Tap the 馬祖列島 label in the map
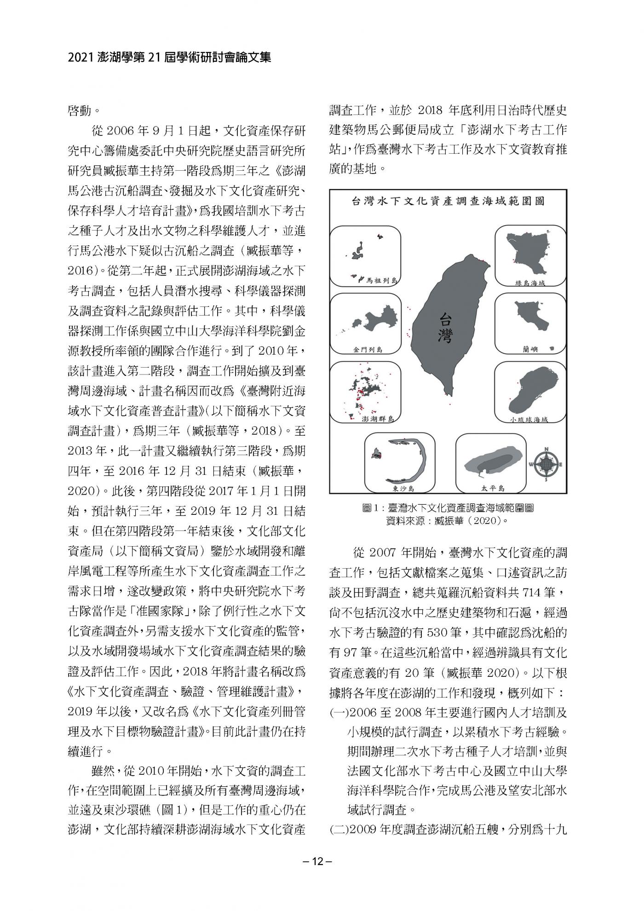(x=381, y=280)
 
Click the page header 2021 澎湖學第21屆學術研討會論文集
(x=169, y=58)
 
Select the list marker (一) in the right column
(x=340, y=713)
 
